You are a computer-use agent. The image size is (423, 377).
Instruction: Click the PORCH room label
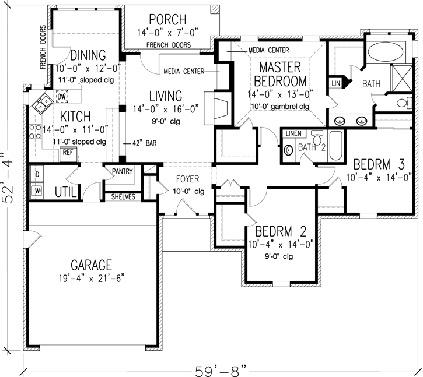click(x=167, y=19)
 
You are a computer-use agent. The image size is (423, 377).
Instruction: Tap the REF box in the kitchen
click(x=68, y=152)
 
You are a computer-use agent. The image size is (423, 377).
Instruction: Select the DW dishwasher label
click(x=61, y=96)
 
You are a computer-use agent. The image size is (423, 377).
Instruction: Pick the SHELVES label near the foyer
click(x=123, y=197)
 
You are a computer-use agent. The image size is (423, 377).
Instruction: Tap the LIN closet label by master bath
click(x=335, y=83)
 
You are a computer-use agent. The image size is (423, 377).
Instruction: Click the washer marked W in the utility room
click(x=38, y=190)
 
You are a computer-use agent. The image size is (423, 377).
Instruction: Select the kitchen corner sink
click(x=42, y=105)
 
